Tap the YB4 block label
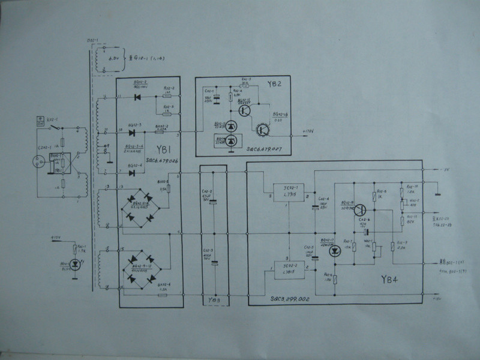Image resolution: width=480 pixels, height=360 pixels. pyautogui.click(x=391, y=279)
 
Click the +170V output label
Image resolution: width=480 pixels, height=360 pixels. pyautogui.click(x=308, y=130)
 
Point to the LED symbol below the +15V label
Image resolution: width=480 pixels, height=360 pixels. pyautogui.click(x=74, y=263)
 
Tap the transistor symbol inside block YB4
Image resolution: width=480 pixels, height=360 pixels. pyautogui.click(x=360, y=209)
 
